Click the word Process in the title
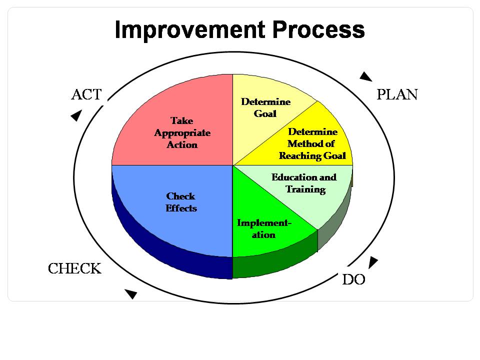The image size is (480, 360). (318, 29)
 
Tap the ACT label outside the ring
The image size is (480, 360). (86, 94)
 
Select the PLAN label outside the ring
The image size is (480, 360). (397, 94)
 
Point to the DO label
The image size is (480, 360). (353, 279)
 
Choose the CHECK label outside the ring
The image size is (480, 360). (74, 268)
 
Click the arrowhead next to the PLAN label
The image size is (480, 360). (365, 76)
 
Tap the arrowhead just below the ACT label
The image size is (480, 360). (76, 115)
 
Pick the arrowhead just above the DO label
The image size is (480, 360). (373, 262)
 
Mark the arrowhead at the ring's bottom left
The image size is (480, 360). (131, 294)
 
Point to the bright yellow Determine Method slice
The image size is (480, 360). (312, 144)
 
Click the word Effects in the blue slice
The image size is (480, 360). (181, 208)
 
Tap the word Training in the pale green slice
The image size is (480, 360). (305, 189)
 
